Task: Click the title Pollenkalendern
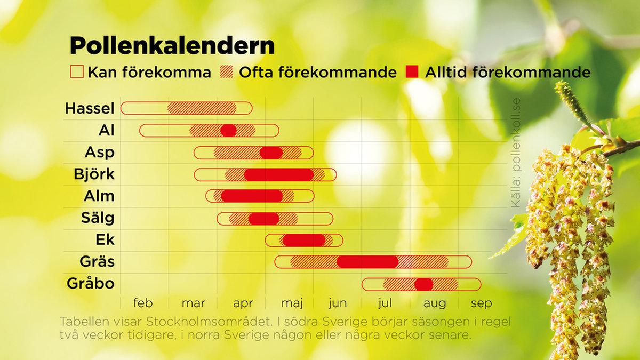172,46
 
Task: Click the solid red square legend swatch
412,71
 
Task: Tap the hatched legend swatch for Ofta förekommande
226,71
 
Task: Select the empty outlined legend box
77,71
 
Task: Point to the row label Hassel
90,108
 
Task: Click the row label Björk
94,174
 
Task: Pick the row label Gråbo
91,284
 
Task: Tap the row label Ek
105,239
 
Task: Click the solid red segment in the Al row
229,131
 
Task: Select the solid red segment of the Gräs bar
367,262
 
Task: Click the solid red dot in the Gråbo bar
423,284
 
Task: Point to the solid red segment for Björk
279,175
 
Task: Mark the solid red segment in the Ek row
304,241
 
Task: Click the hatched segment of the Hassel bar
202,108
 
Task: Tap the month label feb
143,303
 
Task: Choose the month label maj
292,303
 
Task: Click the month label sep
482,303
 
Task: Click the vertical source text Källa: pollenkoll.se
516,153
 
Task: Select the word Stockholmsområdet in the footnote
209,322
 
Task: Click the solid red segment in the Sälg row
263,219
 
